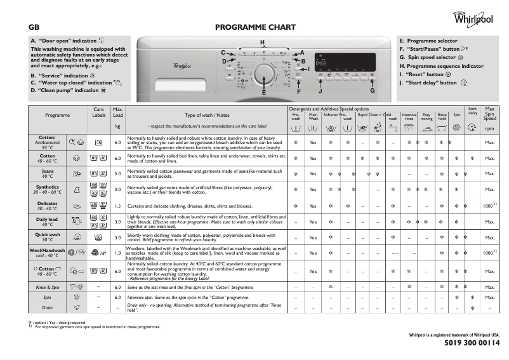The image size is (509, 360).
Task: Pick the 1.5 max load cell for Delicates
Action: pos(117,206)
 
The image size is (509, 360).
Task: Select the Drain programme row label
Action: pos(48,308)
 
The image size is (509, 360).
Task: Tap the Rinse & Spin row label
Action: pos(48,288)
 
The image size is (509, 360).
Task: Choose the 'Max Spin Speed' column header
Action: pos(489,114)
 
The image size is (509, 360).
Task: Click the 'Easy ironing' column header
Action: pos(426,116)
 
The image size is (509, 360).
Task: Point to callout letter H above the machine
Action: pos(262,42)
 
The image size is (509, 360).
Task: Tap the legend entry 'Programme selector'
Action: pos(428,41)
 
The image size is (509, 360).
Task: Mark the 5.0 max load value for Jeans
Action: pos(117,173)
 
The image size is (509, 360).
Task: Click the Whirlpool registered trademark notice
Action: pos(454,334)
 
